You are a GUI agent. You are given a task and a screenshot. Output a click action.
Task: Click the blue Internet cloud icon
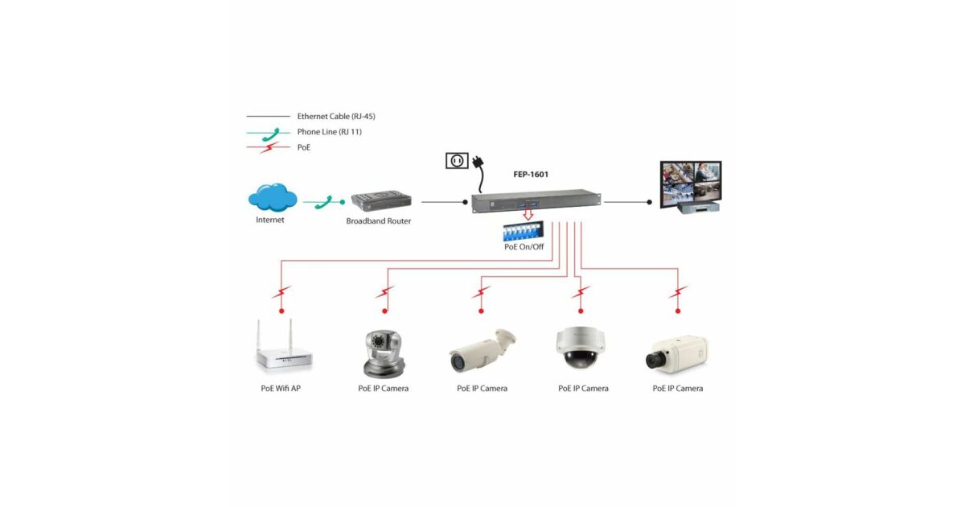pos(273,198)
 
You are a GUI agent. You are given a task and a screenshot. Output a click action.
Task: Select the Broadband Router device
pos(381,202)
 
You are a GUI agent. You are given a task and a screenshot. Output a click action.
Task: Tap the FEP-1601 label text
pos(531,174)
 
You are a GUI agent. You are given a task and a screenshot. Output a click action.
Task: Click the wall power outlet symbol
pos(457,161)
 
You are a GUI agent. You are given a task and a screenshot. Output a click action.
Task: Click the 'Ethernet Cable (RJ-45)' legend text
pos(336,117)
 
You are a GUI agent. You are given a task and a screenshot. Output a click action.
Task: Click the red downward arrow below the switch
pos(528,215)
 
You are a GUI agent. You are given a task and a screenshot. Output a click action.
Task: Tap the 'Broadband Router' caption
pos(379,221)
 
